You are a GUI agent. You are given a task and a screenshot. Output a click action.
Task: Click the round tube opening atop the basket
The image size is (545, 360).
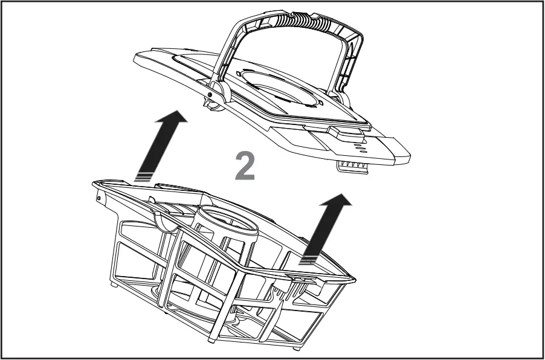227,220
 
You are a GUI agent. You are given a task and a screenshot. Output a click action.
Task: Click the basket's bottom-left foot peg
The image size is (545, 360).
115,283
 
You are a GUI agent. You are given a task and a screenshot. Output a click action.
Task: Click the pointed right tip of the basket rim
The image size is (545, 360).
353,280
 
